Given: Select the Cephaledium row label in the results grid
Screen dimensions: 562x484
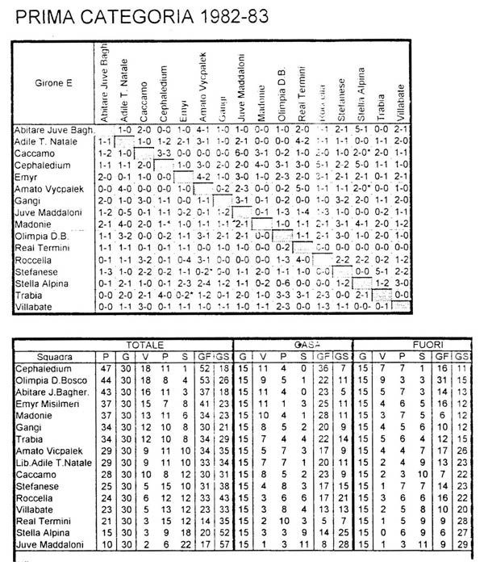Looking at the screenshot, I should point(45,164).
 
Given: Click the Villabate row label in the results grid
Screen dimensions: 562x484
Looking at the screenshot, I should point(37,307).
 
